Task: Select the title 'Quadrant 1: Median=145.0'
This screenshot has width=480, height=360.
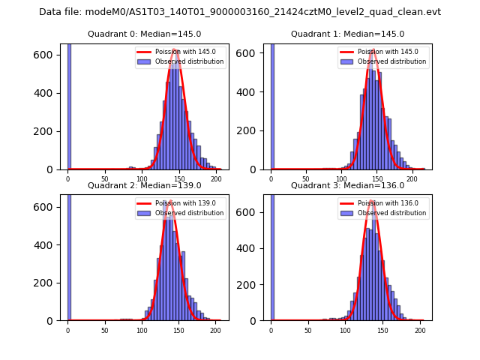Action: click(347, 34)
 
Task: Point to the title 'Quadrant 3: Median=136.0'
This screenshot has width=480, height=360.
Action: click(347, 185)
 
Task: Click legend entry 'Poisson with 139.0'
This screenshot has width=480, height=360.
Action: click(181, 203)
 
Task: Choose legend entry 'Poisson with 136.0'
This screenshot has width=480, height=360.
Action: click(384, 203)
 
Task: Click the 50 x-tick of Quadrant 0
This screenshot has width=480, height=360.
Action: click(104, 179)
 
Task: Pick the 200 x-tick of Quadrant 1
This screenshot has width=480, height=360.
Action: click(412, 179)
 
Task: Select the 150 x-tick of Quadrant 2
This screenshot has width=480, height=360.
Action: click(178, 330)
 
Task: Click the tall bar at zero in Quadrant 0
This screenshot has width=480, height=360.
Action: click(69, 105)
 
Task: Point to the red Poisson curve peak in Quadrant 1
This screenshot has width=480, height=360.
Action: click(372, 50)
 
